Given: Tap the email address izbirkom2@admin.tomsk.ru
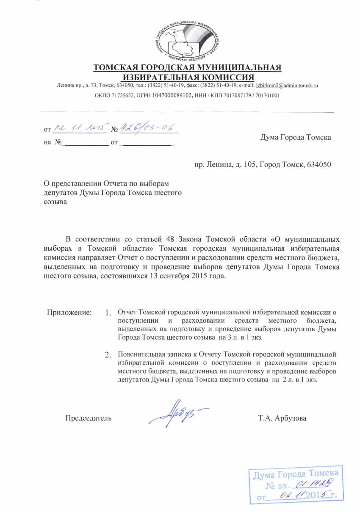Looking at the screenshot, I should [287, 86].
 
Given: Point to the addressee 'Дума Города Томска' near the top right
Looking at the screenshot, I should [296, 137].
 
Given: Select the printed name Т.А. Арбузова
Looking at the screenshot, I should [282, 418].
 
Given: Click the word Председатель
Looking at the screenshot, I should [89, 418].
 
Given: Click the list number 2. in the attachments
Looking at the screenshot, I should [108, 354].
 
